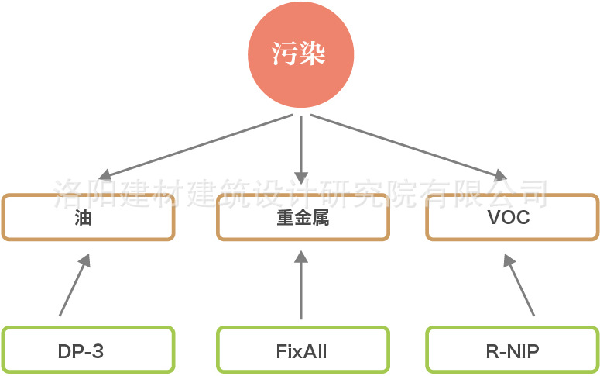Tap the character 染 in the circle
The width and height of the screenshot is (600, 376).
click(314, 55)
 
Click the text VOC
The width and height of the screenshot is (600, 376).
click(509, 218)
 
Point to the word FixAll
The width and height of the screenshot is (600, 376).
click(301, 351)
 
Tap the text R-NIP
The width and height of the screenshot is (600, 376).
click(512, 351)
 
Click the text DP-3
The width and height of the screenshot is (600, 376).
click(81, 351)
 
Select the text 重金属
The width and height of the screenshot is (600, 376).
click(302, 218)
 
